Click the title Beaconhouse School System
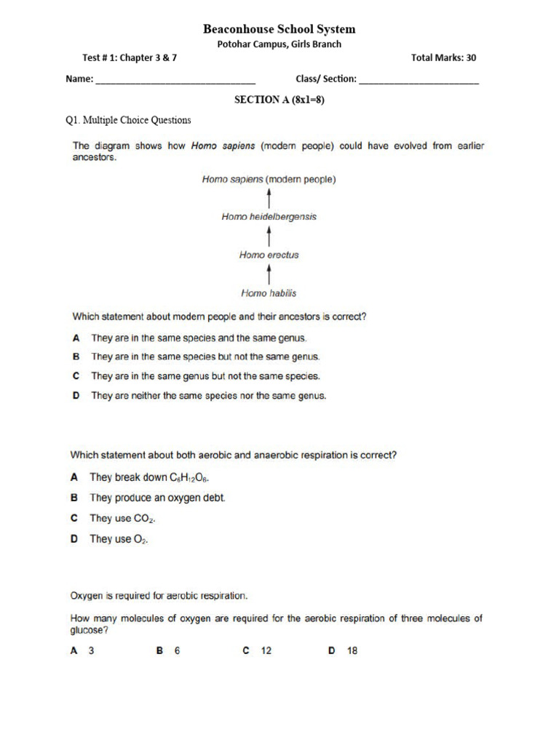pyautogui.click(x=279, y=29)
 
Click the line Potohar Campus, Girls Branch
pyautogui.click(x=279, y=44)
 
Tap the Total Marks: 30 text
pyautogui.click(x=444, y=58)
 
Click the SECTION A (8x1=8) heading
pyautogui.click(x=279, y=100)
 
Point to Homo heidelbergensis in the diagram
pyautogui.click(x=269, y=217)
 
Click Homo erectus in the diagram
pyautogui.click(x=269, y=255)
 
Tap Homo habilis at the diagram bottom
pyautogui.click(x=269, y=293)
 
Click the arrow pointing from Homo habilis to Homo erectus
pyautogui.click(x=270, y=274)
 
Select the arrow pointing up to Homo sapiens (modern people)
pyautogui.click(x=270, y=197)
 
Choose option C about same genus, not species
pyautogui.click(x=205, y=376)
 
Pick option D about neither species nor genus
pyautogui.click(x=209, y=396)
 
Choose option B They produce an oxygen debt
pyautogui.click(x=157, y=498)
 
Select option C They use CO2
pyautogui.click(x=122, y=519)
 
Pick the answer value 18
pyautogui.click(x=352, y=651)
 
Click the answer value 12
pyautogui.click(x=266, y=651)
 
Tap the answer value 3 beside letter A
pyautogui.click(x=92, y=651)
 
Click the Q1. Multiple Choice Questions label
pyautogui.click(x=128, y=120)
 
